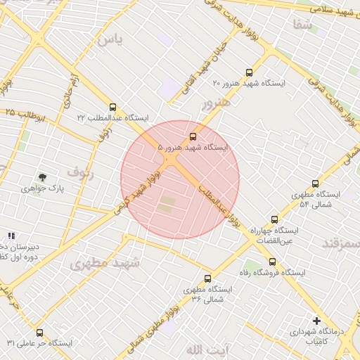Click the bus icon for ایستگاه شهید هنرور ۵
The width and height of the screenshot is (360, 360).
(193, 136)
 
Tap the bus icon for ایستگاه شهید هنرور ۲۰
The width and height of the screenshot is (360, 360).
(249, 72)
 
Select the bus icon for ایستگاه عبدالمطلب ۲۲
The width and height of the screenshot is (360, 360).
(112, 108)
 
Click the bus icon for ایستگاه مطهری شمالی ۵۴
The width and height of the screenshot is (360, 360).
(314, 183)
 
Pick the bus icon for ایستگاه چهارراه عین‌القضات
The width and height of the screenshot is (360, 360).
(274, 219)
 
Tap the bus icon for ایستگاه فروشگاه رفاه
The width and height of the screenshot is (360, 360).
(272, 262)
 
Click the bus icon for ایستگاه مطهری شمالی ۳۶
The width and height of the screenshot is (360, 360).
(207, 278)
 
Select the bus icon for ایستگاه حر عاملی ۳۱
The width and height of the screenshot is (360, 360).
(39, 333)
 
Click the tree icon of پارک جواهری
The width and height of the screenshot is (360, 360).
(43, 177)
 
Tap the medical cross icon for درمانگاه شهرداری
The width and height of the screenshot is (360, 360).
(316, 321)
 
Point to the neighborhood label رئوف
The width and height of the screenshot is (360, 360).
(79, 170)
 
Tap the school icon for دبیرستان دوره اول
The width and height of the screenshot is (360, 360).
(11, 236)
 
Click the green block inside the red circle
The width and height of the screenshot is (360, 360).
(167, 205)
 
